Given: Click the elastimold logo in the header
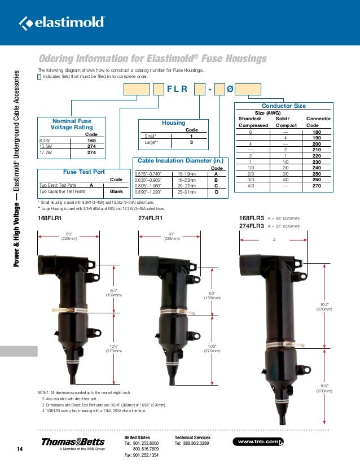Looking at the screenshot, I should coord(62,23).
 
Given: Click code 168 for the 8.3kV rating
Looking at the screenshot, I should coord(90,141).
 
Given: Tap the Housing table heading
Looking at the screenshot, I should coord(173,123).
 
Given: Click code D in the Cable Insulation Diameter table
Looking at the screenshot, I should coord(216,192).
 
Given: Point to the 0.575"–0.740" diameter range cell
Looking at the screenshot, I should coord(148,174).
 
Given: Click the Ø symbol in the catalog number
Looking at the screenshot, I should coord(230,89).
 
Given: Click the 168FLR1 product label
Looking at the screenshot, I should coord(49,217).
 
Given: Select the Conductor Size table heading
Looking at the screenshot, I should coord(284,106).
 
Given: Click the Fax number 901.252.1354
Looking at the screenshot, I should coord(144,455).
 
